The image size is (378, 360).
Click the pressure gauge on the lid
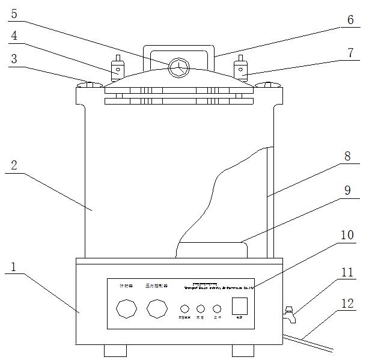(178, 68)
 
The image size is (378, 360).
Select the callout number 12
(348, 304)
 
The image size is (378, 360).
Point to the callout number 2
(15, 166)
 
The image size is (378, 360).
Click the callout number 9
(348, 191)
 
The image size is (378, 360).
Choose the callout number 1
(15, 266)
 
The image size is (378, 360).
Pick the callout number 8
(348, 156)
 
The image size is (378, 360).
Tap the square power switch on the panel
(240, 306)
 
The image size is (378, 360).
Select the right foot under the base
(243, 349)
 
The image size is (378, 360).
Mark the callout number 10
(348, 234)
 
